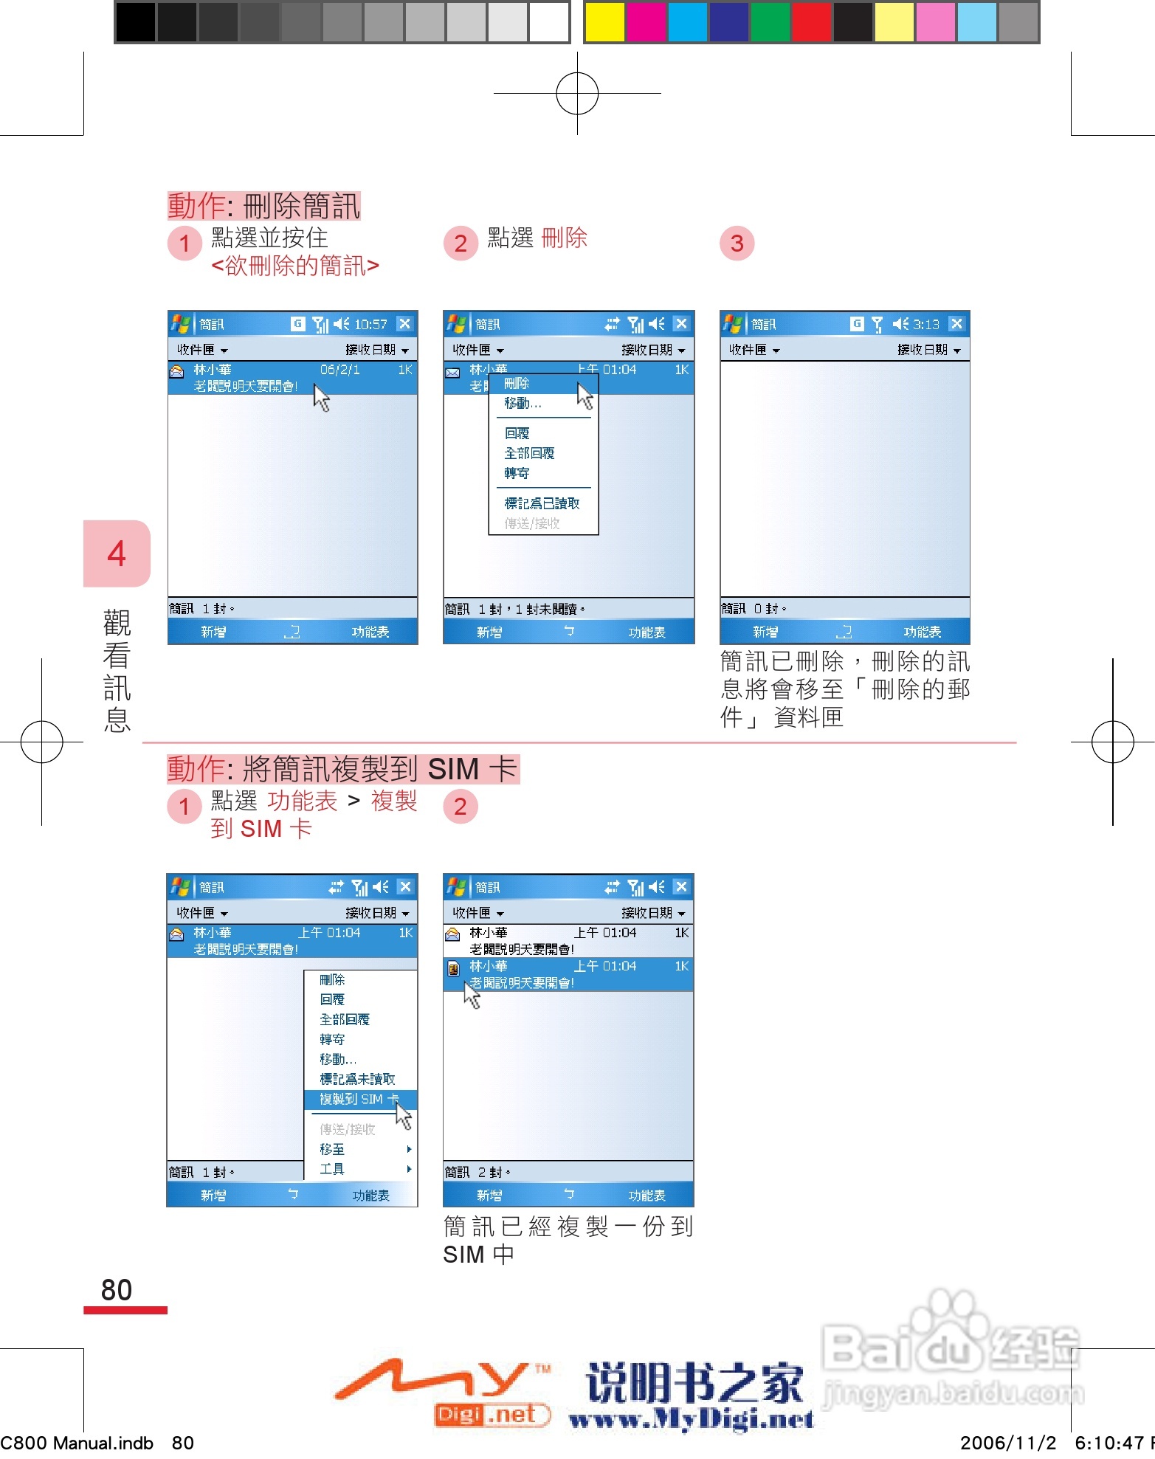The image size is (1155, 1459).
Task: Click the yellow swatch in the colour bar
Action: pyautogui.click(x=604, y=22)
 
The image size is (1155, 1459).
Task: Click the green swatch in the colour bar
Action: pyautogui.click(x=770, y=22)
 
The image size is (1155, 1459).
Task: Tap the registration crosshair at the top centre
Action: pyautogui.click(x=577, y=94)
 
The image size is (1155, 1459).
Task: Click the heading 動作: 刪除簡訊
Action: pyautogui.click(x=263, y=206)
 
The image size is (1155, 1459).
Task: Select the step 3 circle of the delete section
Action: pyautogui.click(x=737, y=244)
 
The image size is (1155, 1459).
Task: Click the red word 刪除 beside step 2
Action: pyautogui.click(x=564, y=238)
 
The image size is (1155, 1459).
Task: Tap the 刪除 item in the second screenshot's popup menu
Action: pyautogui.click(x=517, y=384)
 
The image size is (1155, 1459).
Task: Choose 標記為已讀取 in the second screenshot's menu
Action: pyautogui.click(x=542, y=503)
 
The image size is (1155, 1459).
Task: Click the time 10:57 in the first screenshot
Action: pyautogui.click(x=370, y=324)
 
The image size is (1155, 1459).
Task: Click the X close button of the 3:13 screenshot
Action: pyautogui.click(x=956, y=324)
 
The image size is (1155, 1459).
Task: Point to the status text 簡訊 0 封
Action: pyautogui.click(x=754, y=609)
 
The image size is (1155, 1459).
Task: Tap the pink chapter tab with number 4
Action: pyautogui.click(x=117, y=553)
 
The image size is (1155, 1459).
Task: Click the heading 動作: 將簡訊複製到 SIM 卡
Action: pyautogui.click(x=342, y=769)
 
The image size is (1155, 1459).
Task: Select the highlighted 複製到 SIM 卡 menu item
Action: pyautogui.click(x=359, y=1099)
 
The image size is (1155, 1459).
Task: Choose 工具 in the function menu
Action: pyautogui.click(x=332, y=1169)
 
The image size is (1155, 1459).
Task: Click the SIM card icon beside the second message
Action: pyautogui.click(x=453, y=968)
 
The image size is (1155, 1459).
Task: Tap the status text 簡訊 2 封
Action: pyautogui.click(x=477, y=1172)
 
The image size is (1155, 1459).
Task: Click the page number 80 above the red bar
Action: pyautogui.click(x=117, y=1290)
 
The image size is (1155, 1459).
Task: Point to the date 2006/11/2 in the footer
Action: pyautogui.click(x=1008, y=1443)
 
